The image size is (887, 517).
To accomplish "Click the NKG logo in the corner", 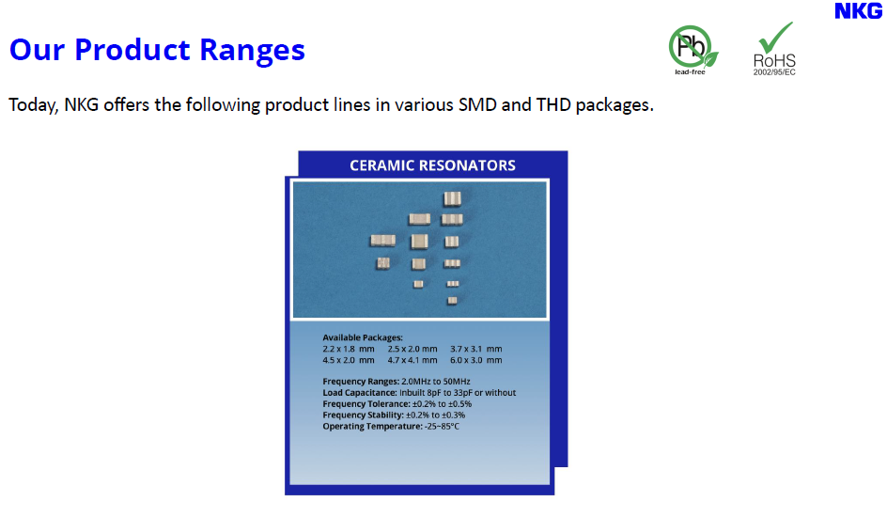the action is pos(858,10).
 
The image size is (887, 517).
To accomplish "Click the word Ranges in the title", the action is pos(253,50).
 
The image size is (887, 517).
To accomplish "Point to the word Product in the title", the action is pos(132,49).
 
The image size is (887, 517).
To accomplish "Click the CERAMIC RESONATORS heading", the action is pos(432,165).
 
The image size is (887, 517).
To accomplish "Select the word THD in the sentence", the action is pos(553,104).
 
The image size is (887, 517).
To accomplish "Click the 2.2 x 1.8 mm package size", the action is pos(349,349).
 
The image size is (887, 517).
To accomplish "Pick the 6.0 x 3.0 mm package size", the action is pos(475,360).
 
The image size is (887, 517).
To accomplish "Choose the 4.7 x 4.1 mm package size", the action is pos(412,360).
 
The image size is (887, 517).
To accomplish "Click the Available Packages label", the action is pos(363,337).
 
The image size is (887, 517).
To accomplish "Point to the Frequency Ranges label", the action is pos(361,382).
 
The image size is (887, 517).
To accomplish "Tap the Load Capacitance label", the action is pos(360,393).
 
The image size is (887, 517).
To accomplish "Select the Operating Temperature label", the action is pos(372,426).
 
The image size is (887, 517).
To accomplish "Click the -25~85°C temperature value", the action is pos(442,426).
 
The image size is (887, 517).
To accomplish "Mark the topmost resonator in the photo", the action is pos(452,198).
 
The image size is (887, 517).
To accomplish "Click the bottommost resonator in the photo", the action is pos(452,301).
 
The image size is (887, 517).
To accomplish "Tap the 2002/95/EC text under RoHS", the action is pos(774,71).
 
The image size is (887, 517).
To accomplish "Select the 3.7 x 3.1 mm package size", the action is pos(475,349).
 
